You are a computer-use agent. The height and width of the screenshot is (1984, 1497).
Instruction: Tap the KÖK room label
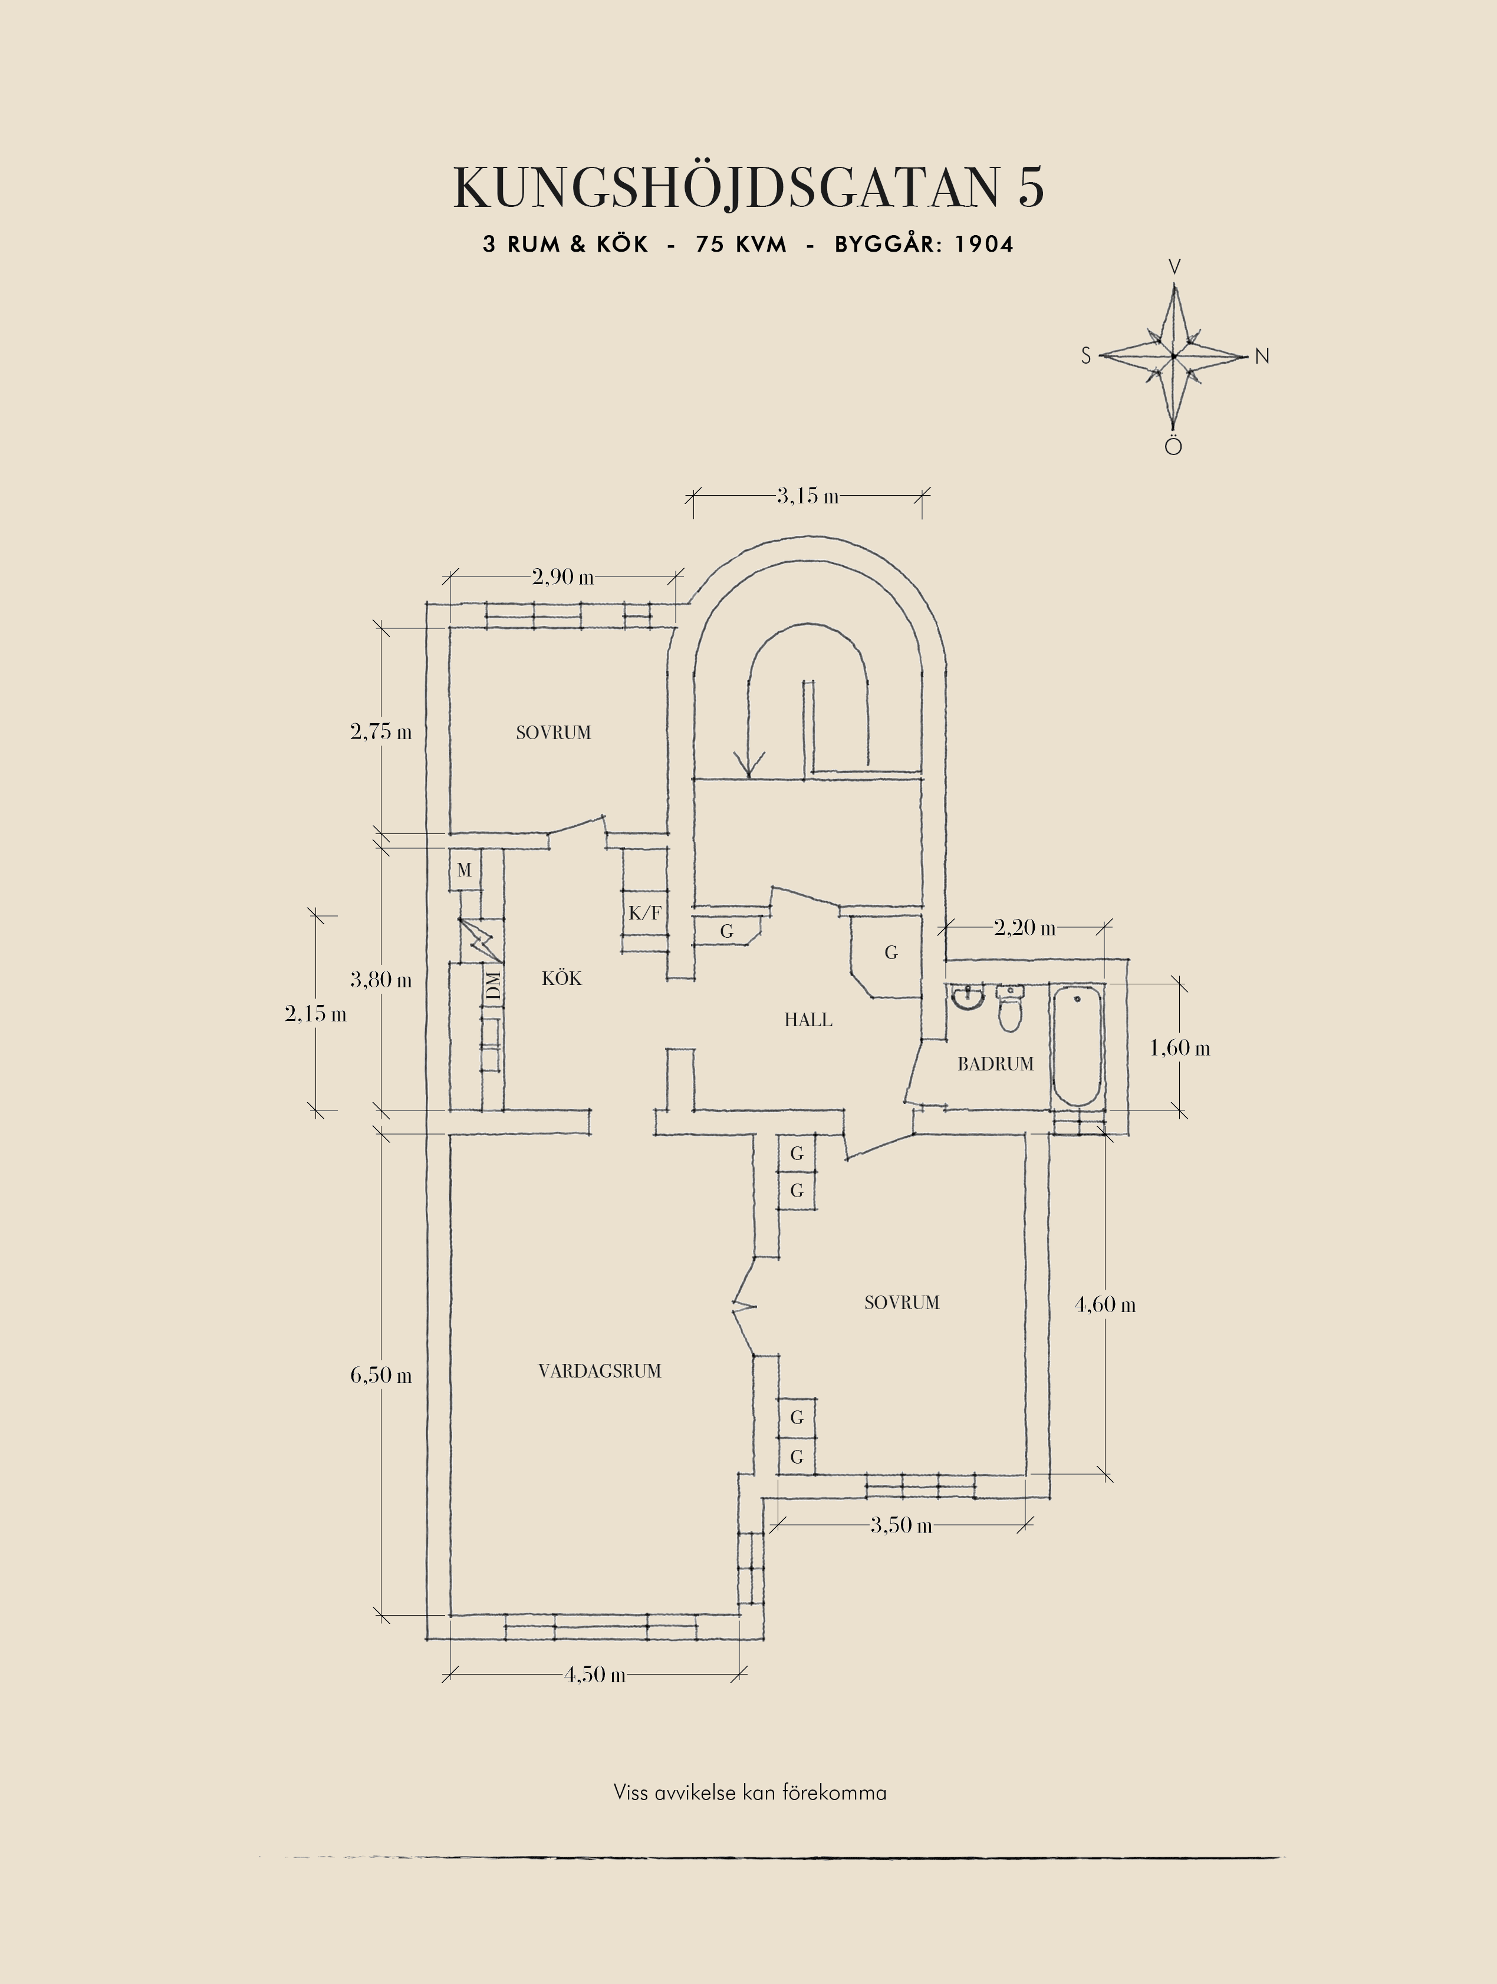tap(561, 978)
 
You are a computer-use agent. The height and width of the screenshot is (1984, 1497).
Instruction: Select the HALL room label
tap(808, 1020)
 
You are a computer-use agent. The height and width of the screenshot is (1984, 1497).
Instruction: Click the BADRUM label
tap(996, 1064)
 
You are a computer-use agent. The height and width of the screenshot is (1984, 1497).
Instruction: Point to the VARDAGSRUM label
tap(600, 1370)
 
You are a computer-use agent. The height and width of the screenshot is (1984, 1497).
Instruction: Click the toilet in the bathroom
tap(1010, 1009)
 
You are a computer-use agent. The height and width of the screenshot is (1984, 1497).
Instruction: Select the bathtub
tap(1077, 1046)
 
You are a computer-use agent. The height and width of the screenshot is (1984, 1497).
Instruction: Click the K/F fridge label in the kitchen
tap(645, 913)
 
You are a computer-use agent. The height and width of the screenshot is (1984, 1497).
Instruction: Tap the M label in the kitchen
tap(463, 870)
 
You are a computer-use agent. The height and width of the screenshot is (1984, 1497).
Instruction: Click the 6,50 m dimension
tap(381, 1375)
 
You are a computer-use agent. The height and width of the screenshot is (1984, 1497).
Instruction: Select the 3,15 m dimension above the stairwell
tap(808, 495)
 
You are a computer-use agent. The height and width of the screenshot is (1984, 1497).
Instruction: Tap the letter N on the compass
tap(1262, 356)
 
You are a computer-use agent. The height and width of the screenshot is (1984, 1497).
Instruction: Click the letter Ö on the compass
tap(1173, 445)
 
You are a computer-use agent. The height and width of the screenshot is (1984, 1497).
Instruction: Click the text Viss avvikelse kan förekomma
tap(750, 1793)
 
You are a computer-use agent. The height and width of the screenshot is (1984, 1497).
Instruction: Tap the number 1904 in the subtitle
tap(984, 244)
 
